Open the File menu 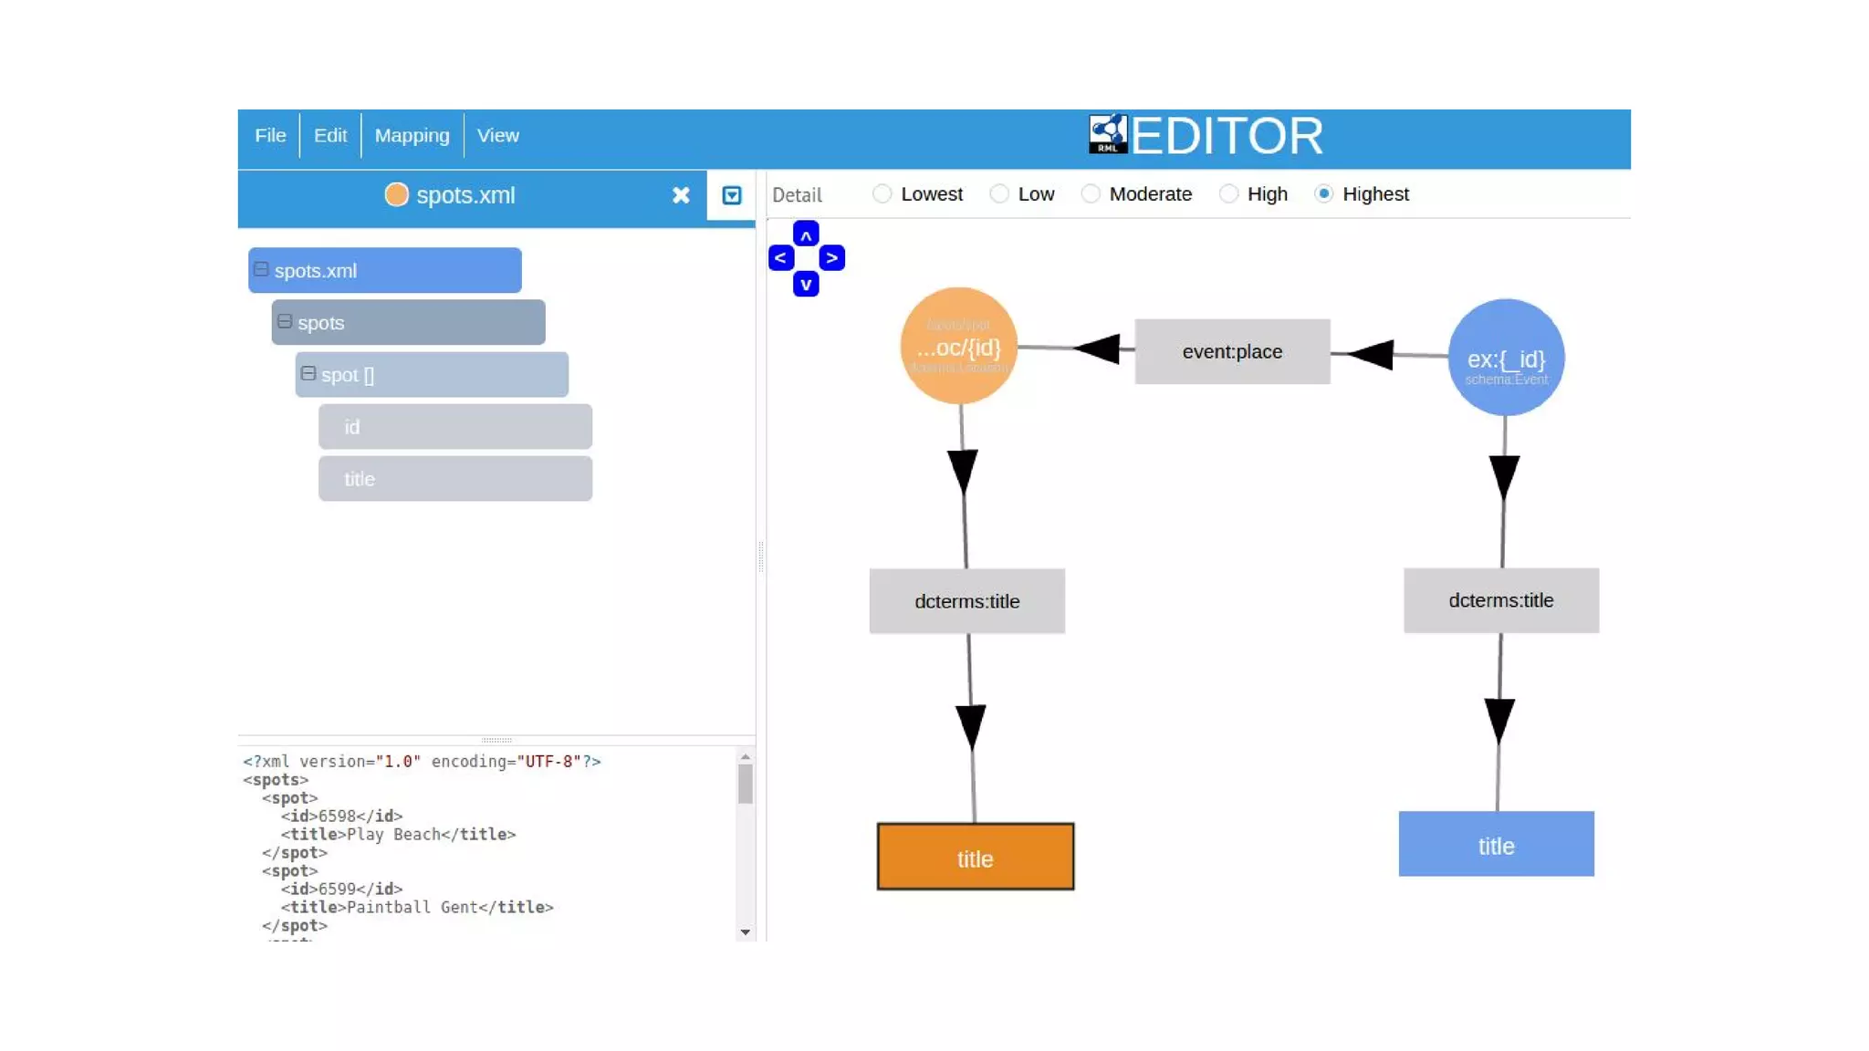click(x=270, y=136)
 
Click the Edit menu click(x=329, y=136)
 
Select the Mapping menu click(x=412, y=136)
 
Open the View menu click(x=497, y=136)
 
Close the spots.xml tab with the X click(x=681, y=195)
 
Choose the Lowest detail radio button click(x=882, y=194)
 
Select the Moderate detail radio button click(x=1091, y=194)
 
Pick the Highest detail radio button click(x=1323, y=194)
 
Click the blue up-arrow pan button click(x=806, y=234)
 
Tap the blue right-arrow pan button click(x=831, y=259)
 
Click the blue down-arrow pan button click(x=806, y=285)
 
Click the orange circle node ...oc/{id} click(x=958, y=347)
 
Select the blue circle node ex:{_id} click(x=1506, y=358)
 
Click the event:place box click(x=1232, y=352)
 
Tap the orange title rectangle click(x=975, y=858)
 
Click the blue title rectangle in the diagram click(x=1496, y=845)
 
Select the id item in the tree click(x=454, y=427)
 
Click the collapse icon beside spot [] click(x=308, y=374)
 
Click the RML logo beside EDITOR click(x=1108, y=135)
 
